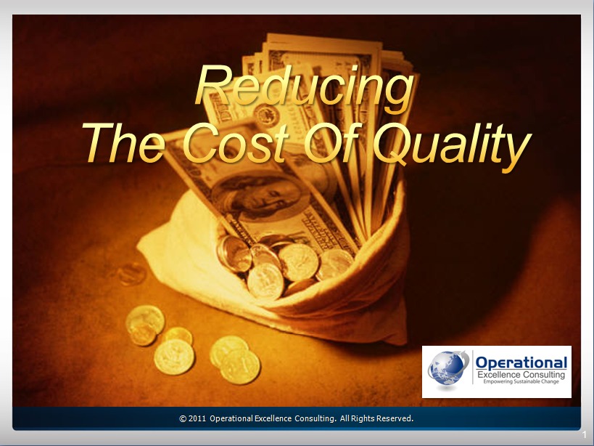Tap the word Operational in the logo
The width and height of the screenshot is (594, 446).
(x=521, y=362)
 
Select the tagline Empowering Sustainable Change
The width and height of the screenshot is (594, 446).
(x=521, y=381)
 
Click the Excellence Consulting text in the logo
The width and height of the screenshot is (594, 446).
(x=521, y=375)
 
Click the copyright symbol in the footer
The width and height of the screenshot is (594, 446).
(x=183, y=418)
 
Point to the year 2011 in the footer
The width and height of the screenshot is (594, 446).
(x=197, y=418)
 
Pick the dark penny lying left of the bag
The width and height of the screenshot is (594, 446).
(x=132, y=273)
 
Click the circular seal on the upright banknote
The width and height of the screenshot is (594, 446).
(x=267, y=115)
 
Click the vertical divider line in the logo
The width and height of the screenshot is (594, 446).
(x=472, y=368)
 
